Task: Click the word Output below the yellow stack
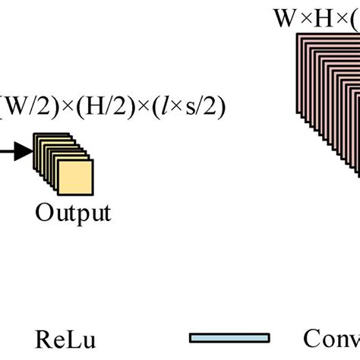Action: click(x=73, y=212)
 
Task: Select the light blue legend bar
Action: click(x=230, y=337)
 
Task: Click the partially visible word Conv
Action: click(x=331, y=338)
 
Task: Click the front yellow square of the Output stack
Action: click(x=75, y=178)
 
